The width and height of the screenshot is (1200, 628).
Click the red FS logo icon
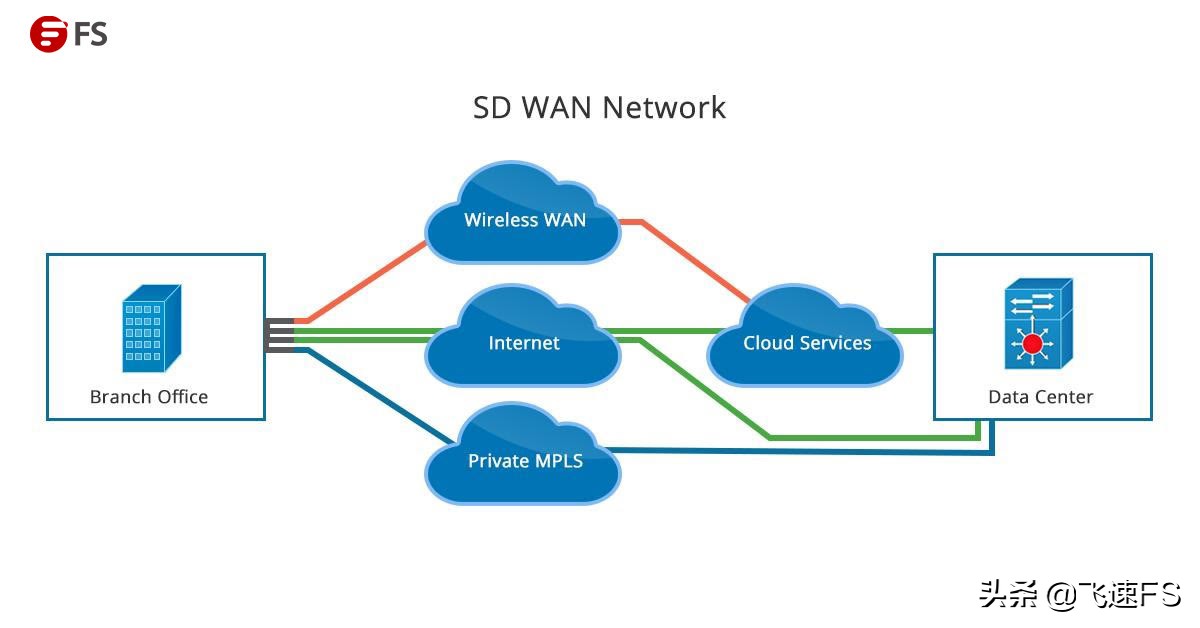(x=47, y=35)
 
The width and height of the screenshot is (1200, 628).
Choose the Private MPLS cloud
(x=524, y=461)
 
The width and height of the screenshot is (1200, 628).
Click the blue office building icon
(x=150, y=329)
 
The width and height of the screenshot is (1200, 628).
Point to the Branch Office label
(x=149, y=397)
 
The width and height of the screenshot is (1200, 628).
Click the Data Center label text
(x=1040, y=397)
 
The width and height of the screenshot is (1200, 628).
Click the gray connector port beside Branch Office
(x=279, y=335)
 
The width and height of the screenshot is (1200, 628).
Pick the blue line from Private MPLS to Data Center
(x=800, y=452)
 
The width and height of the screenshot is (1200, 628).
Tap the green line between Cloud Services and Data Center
(x=916, y=330)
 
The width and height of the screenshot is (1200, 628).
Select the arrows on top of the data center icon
(x=1032, y=301)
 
